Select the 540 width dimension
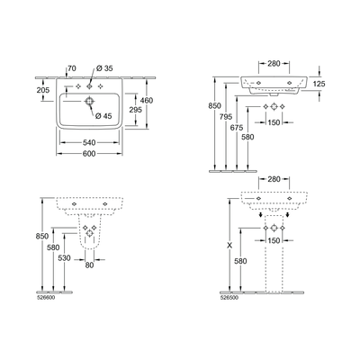90,143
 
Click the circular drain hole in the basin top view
90,102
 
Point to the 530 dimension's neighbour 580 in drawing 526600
53,248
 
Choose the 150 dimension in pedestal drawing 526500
271,240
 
